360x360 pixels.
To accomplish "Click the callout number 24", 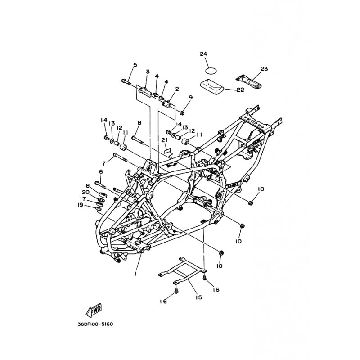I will point(203,54).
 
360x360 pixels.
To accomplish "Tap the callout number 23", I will point(264,69).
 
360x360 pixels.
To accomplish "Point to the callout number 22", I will point(240,90).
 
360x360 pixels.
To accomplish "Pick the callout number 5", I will point(135,65).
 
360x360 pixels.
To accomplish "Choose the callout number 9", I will point(190,97).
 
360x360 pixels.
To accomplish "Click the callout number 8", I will point(139,122).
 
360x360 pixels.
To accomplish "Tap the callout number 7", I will point(104,163).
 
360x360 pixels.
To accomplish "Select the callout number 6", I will point(101,171).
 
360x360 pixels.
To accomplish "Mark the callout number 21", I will point(165,140).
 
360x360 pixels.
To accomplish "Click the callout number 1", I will point(135,273).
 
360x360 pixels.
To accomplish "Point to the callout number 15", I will point(198,297).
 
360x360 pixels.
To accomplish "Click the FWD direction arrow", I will point(94,310).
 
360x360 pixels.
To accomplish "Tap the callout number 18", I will point(86,185).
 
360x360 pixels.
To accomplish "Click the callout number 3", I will point(147,72).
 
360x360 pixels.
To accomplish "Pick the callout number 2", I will point(177,89).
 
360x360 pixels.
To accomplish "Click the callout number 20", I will point(85,192).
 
